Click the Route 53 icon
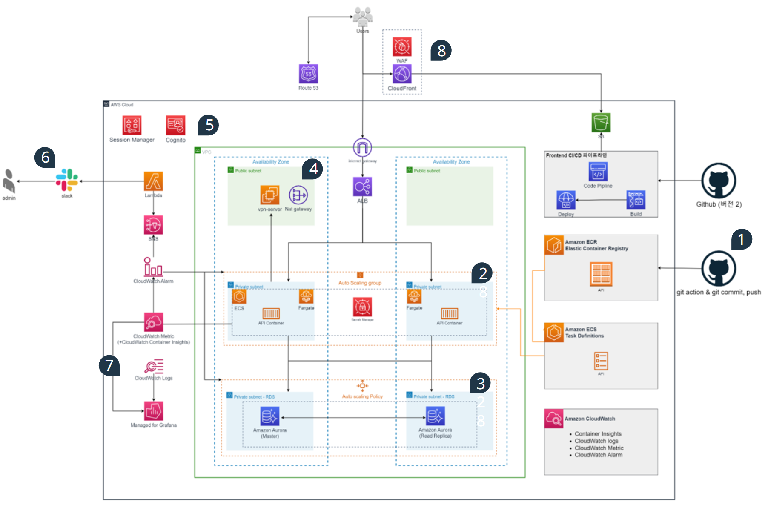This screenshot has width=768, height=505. click(308, 74)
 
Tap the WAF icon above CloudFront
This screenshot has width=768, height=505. click(402, 46)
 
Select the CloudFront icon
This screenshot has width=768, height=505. click(402, 74)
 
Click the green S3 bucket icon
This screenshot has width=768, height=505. click(601, 123)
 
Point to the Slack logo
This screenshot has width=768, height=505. click(67, 180)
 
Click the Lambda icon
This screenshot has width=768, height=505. click(153, 181)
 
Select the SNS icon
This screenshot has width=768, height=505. click(153, 224)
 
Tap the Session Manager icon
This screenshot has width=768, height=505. click(132, 125)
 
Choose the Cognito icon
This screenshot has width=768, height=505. click(175, 125)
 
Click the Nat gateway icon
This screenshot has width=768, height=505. click(298, 195)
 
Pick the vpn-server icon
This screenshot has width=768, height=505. click(270, 195)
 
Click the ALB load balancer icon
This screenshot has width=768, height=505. click(362, 187)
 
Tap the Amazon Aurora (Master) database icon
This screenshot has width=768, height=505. click(269, 416)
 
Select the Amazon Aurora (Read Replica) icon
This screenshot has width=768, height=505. click(435, 416)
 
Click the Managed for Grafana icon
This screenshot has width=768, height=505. click(153, 411)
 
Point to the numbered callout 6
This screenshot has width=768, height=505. click(45, 158)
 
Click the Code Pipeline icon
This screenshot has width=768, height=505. click(598, 172)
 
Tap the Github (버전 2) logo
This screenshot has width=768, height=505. click(719, 180)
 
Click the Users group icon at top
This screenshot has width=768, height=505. click(362, 17)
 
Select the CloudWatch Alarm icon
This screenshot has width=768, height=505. click(153, 267)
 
